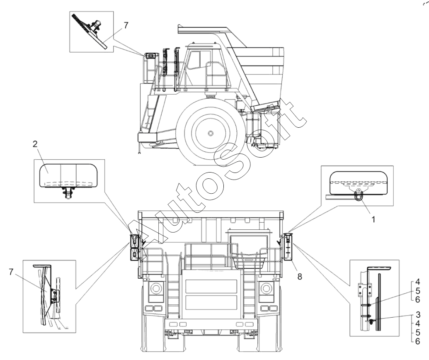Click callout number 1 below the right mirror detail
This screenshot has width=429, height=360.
[x=373, y=219]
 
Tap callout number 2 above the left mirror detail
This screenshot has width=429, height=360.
[x=35, y=144]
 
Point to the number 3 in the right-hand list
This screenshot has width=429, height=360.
[x=417, y=314]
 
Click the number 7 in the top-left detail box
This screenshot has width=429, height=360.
[x=126, y=25]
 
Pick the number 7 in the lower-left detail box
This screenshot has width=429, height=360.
[x=11, y=272]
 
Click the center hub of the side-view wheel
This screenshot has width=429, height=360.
[x=210, y=133]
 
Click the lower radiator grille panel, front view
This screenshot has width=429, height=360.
[x=211, y=302]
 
